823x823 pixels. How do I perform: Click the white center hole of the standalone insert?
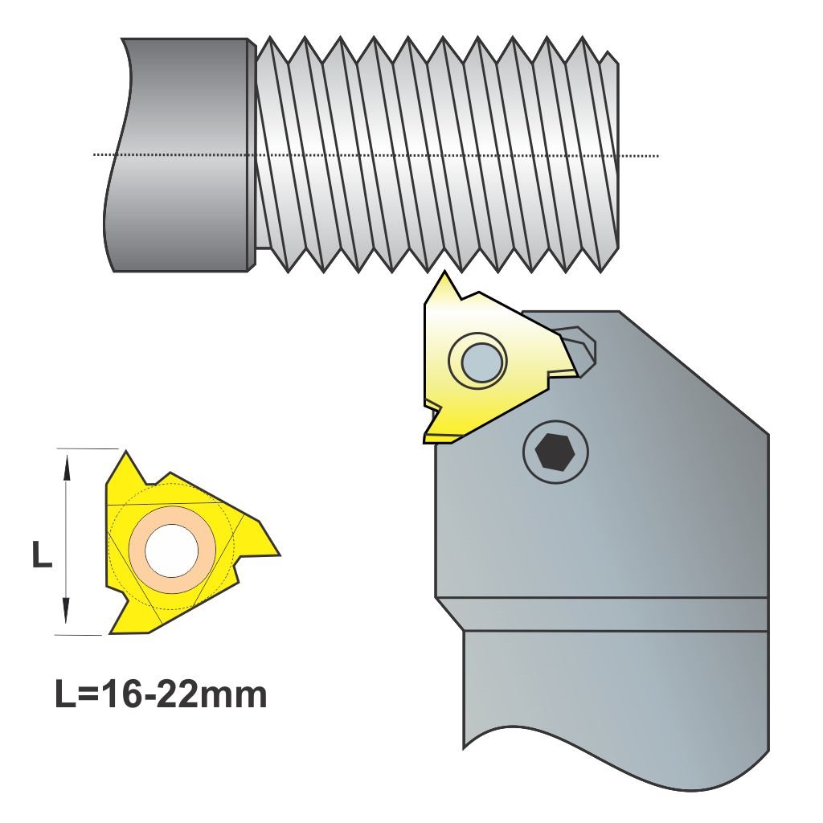tap(172, 550)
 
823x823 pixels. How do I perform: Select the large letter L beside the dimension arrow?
tap(42, 555)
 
